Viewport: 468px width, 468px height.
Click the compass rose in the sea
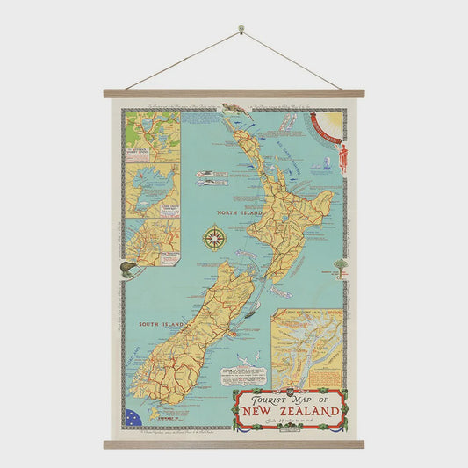click(x=214, y=238)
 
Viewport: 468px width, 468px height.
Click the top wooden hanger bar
click(x=233, y=93)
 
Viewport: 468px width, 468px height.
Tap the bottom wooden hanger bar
click(x=233, y=444)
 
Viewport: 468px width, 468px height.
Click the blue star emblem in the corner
click(x=133, y=417)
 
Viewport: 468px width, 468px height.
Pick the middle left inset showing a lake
click(x=152, y=189)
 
